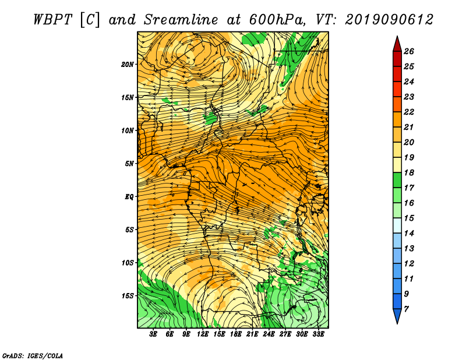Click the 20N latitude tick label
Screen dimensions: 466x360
[128, 65]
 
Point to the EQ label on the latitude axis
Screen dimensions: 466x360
[129, 197]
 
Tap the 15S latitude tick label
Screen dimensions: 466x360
[128, 296]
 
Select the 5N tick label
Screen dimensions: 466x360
[129, 164]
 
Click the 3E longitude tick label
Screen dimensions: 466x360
[153, 334]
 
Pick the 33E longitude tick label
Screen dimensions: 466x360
[318, 334]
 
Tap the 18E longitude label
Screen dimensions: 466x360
[236, 334]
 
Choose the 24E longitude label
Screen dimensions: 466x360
[269, 334]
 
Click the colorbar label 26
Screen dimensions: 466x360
[409, 51]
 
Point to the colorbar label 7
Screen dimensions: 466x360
[407, 309]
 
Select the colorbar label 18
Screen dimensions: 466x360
[409, 172]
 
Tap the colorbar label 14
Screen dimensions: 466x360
[409, 234]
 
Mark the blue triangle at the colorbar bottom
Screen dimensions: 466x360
[397, 315]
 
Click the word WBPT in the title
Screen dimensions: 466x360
[53, 20]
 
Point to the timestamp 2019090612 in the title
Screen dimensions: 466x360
[389, 20]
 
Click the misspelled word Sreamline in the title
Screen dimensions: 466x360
[181, 20]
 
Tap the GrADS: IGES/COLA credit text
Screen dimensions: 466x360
[33, 356]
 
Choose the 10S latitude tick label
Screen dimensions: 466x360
[128, 263]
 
